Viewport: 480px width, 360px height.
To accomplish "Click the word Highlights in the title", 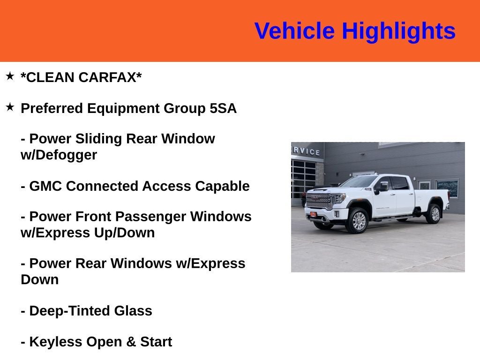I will [x=398, y=31].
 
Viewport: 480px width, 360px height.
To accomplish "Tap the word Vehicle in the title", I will [x=294, y=31].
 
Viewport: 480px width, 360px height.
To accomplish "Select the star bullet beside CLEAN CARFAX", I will [x=10, y=76].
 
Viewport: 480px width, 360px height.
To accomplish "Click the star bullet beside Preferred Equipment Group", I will [x=10, y=107].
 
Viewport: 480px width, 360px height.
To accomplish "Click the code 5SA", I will [x=223, y=109].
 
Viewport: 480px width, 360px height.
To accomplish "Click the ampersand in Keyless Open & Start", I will [x=131, y=342].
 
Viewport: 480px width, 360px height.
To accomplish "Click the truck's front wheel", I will [x=358, y=221].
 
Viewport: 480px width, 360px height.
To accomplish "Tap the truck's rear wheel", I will [x=434, y=214].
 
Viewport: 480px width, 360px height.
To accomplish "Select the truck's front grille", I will [x=319, y=201].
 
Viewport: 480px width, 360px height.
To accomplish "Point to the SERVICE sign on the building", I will [x=307, y=151].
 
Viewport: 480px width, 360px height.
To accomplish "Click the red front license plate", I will [x=313, y=215].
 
